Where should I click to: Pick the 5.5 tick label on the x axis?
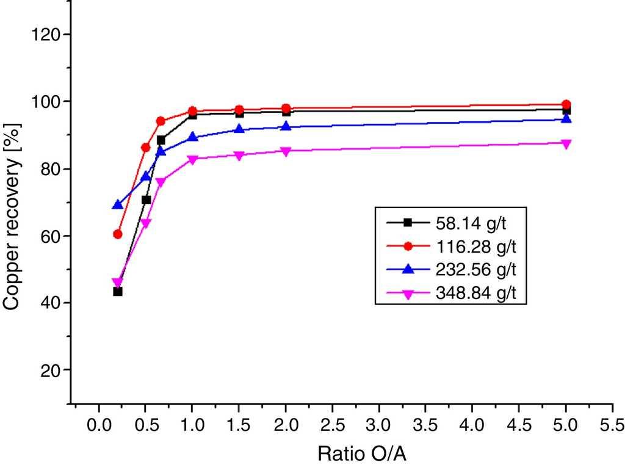click(x=612, y=424)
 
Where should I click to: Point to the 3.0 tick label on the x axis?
click(x=379, y=424)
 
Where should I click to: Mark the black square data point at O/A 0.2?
click(x=118, y=291)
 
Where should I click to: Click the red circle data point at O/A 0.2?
click(x=118, y=234)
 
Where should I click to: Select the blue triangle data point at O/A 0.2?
click(x=118, y=204)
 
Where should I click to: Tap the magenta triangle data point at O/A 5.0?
click(x=566, y=144)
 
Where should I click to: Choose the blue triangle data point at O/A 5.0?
click(x=566, y=118)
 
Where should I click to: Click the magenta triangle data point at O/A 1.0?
click(x=192, y=160)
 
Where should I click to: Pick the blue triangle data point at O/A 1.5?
click(x=239, y=129)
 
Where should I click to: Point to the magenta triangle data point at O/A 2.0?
click(x=286, y=151)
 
